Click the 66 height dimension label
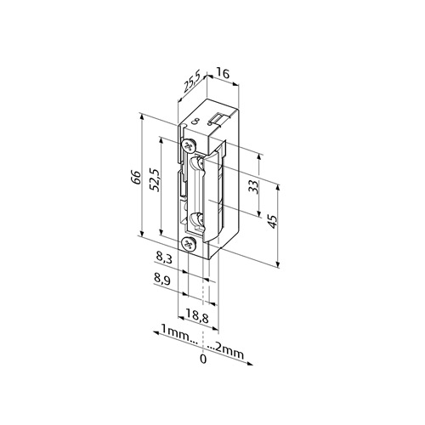tap(136, 178)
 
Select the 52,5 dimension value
tap(156, 181)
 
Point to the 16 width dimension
tap(223, 73)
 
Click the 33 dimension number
tap(254, 187)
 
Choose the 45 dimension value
tap(273, 222)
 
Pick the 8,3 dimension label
tap(163, 258)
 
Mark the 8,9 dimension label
tap(162, 280)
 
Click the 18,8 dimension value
tap(197, 317)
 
